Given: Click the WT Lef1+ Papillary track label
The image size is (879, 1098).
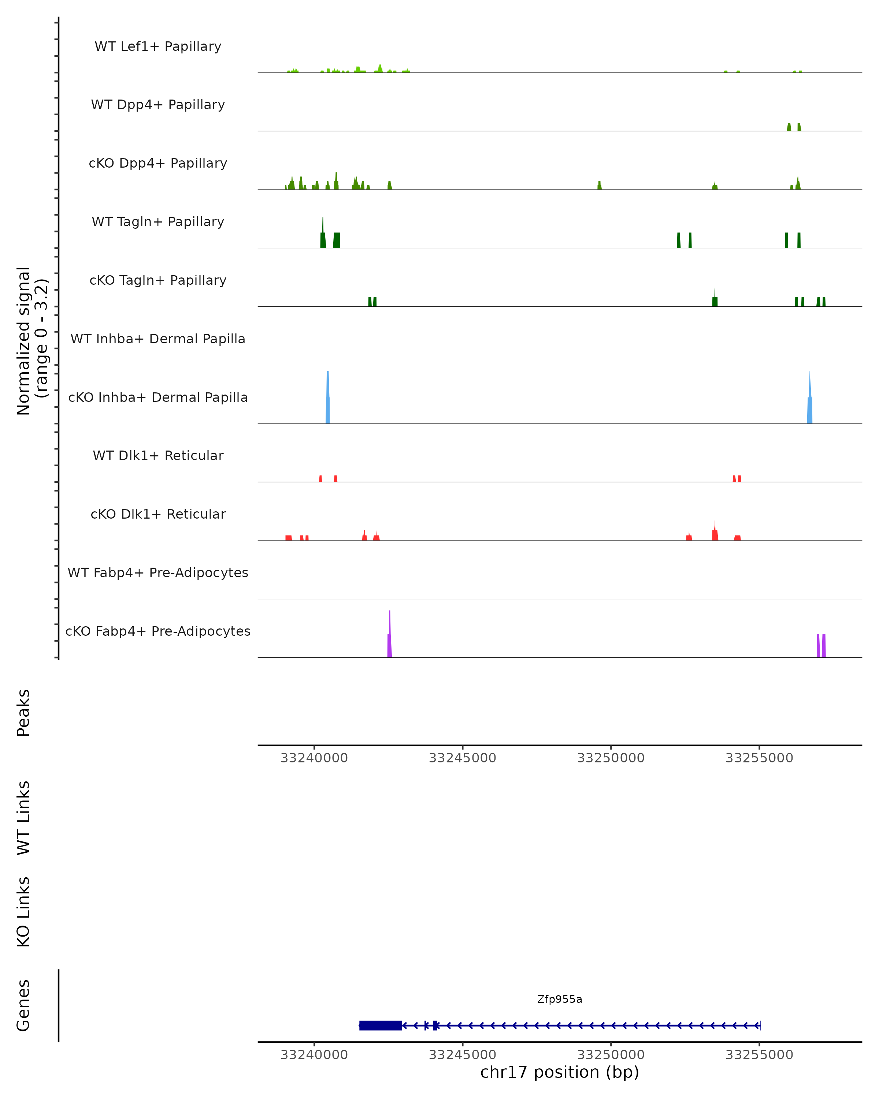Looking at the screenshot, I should (158, 46).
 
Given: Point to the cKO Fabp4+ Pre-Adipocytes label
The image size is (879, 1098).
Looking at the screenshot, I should (158, 631).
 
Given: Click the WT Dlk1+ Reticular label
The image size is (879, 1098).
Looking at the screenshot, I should (158, 455).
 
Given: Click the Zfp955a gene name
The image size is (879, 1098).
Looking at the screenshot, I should (560, 999).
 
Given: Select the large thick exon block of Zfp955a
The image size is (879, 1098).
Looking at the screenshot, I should (380, 1025).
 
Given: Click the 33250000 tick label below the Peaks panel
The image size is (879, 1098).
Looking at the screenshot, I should (611, 758).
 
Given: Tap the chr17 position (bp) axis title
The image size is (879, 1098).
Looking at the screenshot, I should (560, 1072).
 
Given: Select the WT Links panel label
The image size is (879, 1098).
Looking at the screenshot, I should (23, 817).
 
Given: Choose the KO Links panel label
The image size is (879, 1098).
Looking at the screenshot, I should (23, 912).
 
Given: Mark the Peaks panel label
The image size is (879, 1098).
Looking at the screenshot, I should (23, 713).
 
